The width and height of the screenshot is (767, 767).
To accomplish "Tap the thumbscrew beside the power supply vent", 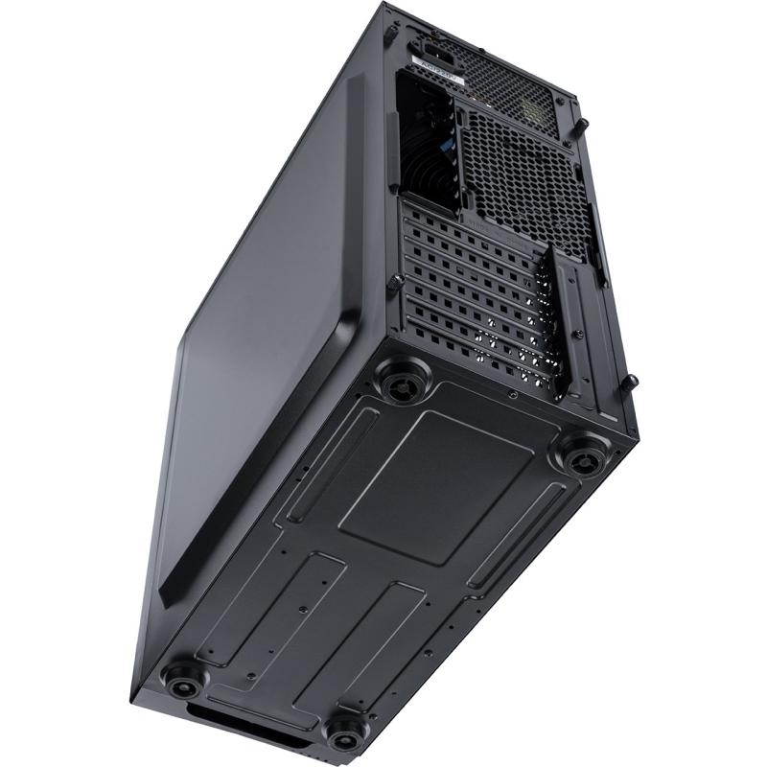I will (x=582, y=125).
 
